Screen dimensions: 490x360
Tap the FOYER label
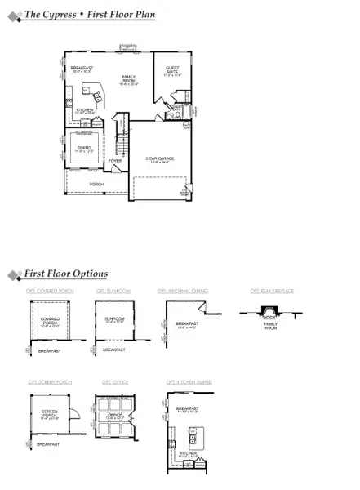[115, 161]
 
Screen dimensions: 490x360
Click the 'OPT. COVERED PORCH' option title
[48, 291]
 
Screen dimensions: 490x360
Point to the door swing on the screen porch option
[71, 412]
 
